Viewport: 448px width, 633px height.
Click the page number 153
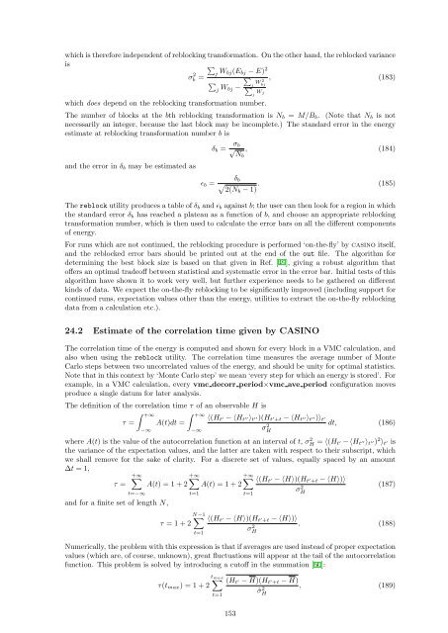click(x=224, y=613)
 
